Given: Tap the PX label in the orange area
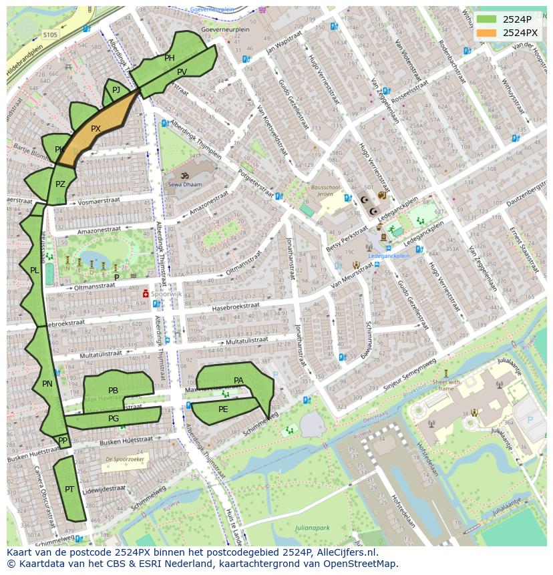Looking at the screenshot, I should (96, 129).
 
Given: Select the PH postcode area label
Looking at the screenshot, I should (170, 58).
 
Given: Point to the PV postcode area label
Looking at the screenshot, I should (182, 72).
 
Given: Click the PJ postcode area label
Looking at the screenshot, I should (116, 89).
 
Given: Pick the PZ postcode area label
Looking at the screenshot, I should (60, 184).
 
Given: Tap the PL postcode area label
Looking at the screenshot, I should (34, 270).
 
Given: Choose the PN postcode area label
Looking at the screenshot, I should (47, 384).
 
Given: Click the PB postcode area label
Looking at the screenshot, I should (113, 391).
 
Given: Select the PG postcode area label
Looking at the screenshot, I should (114, 419).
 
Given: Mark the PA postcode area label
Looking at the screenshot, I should (238, 381).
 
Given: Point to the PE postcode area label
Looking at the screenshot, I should (223, 409).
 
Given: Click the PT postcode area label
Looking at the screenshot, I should (69, 490).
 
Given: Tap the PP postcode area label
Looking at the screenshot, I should (63, 441).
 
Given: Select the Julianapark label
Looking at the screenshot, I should (313, 528).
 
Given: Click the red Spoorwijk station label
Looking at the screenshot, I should (164, 293).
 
